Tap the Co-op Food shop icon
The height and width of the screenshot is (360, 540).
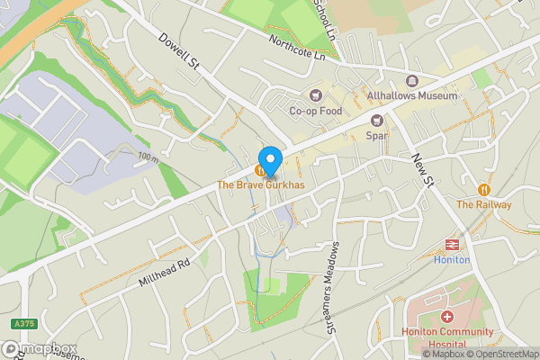click(x=315, y=95)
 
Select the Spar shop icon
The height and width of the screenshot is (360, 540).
click(x=376, y=121)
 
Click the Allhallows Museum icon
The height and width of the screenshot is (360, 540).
click(x=412, y=80)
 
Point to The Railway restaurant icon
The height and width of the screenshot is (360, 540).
click(x=484, y=190)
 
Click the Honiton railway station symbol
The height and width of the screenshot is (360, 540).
click(x=452, y=244)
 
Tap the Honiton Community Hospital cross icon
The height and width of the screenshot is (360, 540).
click(x=447, y=317)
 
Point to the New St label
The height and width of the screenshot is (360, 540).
click(x=420, y=169)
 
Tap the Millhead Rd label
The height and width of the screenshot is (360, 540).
click(x=166, y=269)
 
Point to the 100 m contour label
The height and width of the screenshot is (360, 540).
click(x=148, y=158)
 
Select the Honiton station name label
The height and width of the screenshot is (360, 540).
click(x=452, y=260)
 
